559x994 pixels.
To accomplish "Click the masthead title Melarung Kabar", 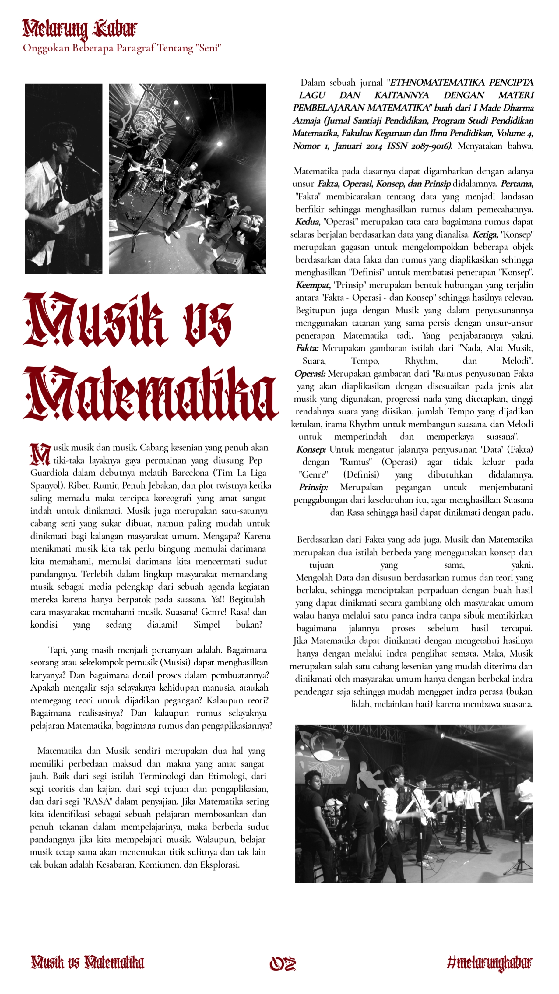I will coord(79,29).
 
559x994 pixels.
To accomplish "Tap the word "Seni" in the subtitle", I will coord(208,48).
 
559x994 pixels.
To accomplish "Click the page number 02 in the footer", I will coord(283,964).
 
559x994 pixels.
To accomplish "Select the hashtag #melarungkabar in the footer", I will coord(490,963).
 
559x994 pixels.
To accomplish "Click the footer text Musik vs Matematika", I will coord(88,962).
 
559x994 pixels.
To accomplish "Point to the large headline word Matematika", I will coord(150,393).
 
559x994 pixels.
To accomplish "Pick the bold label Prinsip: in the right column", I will coord(313,487).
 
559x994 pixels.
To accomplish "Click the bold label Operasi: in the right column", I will coord(310,374).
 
